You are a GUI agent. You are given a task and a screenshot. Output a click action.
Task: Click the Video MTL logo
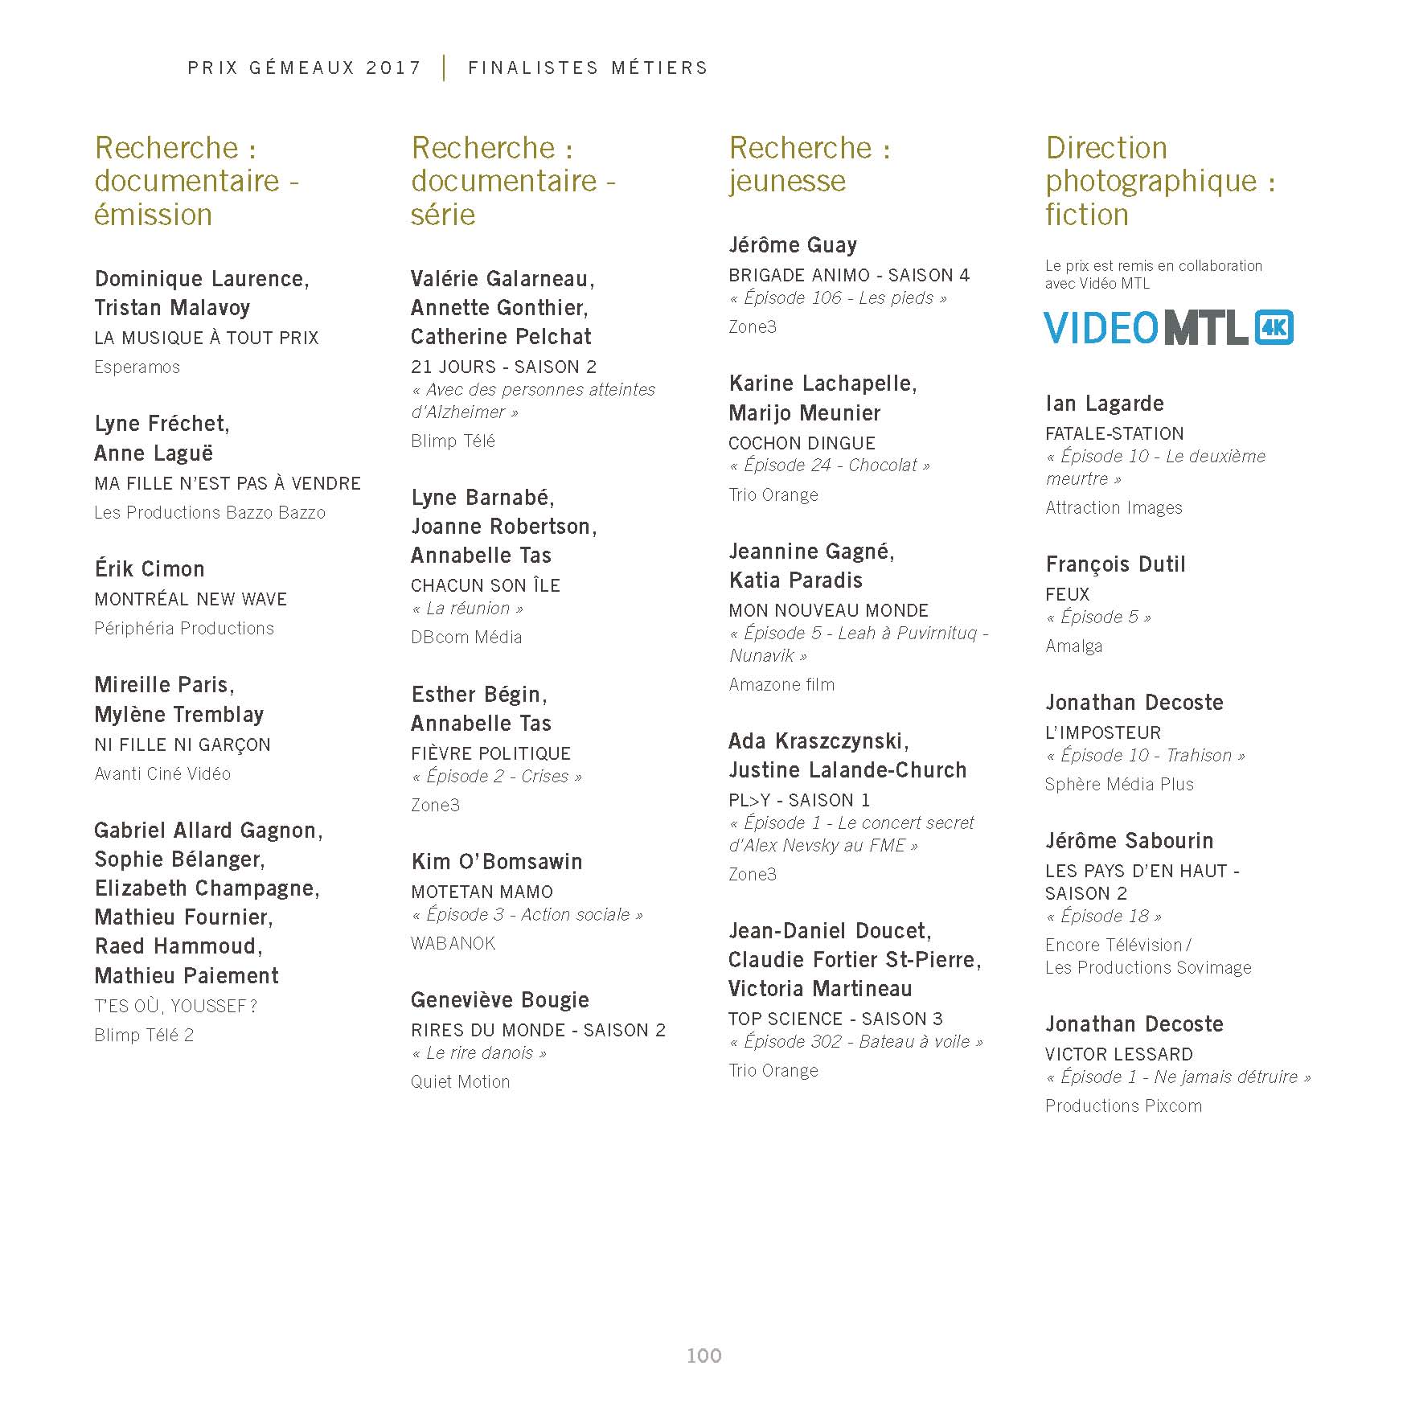pyautogui.click(x=1167, y=327)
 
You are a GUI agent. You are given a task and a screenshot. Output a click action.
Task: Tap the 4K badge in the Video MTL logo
pyautogui.click(x=1274, y=327)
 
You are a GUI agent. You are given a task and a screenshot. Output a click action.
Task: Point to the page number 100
pyautogui.click(x=703, y=1356)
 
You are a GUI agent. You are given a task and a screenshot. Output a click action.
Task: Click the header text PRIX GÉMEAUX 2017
pyautogui.click(x=304, y=68)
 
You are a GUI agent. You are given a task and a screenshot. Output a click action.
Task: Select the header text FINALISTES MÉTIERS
pyautogui.click(x=588, y=68)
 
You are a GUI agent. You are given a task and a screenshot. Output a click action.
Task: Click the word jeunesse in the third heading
pyautogui.click(x=787, y=181)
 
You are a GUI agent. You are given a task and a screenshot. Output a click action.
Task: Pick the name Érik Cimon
pyautogui.click(x=150, y=569)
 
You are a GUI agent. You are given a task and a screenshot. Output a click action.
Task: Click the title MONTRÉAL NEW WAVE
pyautogui.click(x=191, y=599)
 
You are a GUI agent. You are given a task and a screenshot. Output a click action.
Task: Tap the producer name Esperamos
pyautogui.click(x=137, y=367)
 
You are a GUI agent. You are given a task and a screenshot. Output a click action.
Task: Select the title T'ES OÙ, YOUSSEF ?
pyautogui.click(x=175, y=1006)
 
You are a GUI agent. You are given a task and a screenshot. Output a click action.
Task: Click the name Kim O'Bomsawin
pyautogui.click(x=496, y=862)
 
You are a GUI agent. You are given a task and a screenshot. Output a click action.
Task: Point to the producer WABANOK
pyautogui.click(x=453, y=943)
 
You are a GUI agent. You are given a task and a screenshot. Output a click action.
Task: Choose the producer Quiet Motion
pyautogui.click(x=460, y=1082)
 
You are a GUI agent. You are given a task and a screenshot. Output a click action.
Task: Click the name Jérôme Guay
pyautogui.click(x=793, y=245)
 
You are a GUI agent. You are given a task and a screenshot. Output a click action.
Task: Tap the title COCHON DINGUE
pyautogui.click(x=802, y=443)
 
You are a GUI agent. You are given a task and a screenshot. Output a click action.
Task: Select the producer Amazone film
pyautogui.click(x=781, y=685)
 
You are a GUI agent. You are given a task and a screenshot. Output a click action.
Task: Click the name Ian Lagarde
pyautogui.click(x=1104, y=404)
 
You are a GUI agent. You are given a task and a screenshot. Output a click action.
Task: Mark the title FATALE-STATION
pyautogui.click(x=1114, y=433)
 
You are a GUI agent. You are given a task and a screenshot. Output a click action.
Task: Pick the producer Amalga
pyautogui.click(x=1073, y=646)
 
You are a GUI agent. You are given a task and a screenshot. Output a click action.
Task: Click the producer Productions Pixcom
pyautogui.click(x=1123, y=1106)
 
